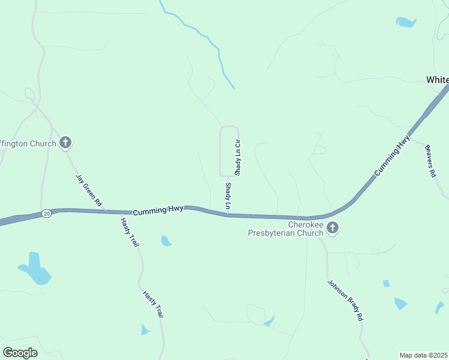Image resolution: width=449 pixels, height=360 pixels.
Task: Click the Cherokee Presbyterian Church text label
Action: (x=286, y=229)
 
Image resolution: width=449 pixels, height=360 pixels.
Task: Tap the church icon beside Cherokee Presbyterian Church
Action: (x=333, y=228)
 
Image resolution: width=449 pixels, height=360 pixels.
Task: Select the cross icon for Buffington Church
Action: (x=65, y=143)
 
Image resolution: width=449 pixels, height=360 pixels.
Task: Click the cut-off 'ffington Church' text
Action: (x=28, y=143)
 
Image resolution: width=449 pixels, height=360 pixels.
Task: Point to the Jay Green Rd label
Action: (x=88, y=191)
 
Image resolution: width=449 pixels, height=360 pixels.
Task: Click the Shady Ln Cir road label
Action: (x=238, y=157)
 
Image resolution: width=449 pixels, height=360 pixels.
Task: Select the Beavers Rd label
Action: (x=430, y=161)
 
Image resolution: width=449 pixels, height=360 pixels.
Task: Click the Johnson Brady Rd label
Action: (x=346, y=300)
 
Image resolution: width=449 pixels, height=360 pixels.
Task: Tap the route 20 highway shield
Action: (x=47, y=213)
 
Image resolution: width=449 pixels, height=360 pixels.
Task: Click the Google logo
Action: (x=20, y=353)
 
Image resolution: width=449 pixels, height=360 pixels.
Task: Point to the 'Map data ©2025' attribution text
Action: (x=424, y=355)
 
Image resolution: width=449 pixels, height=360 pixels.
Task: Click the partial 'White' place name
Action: (x=437, y=80)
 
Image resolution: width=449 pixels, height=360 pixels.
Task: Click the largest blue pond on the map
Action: (x=35, y=269)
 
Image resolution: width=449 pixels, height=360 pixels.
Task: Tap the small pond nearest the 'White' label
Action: (x=406, y=22)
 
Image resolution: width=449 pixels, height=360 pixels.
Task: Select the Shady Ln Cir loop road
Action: (x=220, y=150)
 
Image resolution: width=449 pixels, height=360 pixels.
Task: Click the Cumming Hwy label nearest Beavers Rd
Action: (x=393, y=155)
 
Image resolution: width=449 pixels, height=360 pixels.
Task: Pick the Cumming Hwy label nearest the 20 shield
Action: (x=157, y=211)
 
